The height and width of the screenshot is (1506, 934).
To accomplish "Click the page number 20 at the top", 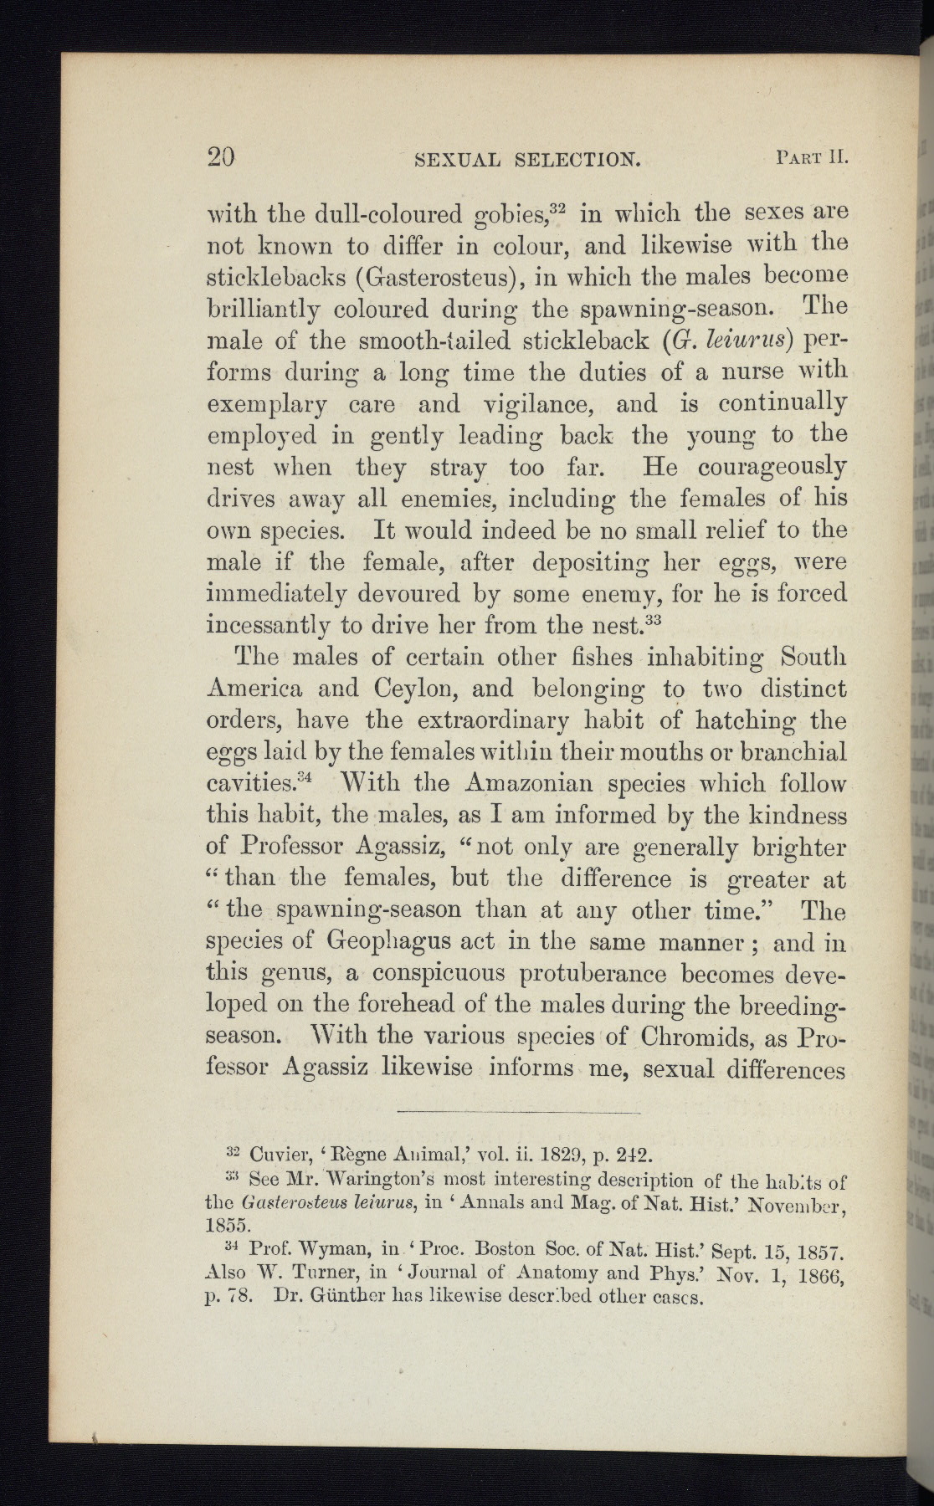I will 222,157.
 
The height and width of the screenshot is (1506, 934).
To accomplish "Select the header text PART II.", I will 813,156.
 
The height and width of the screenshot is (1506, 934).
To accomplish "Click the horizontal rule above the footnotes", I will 516,1114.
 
